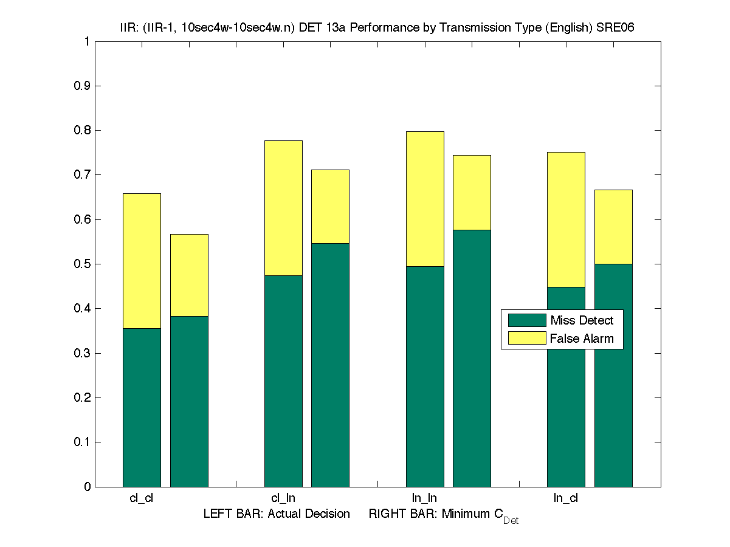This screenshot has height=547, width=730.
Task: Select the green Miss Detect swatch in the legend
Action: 526,320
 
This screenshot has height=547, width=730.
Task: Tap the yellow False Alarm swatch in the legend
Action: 526,339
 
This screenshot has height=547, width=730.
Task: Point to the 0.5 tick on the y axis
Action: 83,264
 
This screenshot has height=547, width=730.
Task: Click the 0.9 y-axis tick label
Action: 83,86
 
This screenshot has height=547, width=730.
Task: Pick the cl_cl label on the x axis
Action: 141,498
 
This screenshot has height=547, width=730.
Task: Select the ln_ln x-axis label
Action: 424,498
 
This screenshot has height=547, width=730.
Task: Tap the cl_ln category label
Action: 283,498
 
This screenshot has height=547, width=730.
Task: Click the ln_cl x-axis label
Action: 566,498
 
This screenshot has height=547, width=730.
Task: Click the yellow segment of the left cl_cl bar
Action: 142,261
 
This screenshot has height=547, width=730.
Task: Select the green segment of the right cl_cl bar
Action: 189,401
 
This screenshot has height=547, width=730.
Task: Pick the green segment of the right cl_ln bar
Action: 330,365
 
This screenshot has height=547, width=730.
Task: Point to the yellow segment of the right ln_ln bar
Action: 472,192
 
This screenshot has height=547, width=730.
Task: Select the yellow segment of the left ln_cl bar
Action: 566,219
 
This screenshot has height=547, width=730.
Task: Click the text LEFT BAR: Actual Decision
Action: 277,514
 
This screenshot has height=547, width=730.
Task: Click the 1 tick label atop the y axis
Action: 87,42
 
